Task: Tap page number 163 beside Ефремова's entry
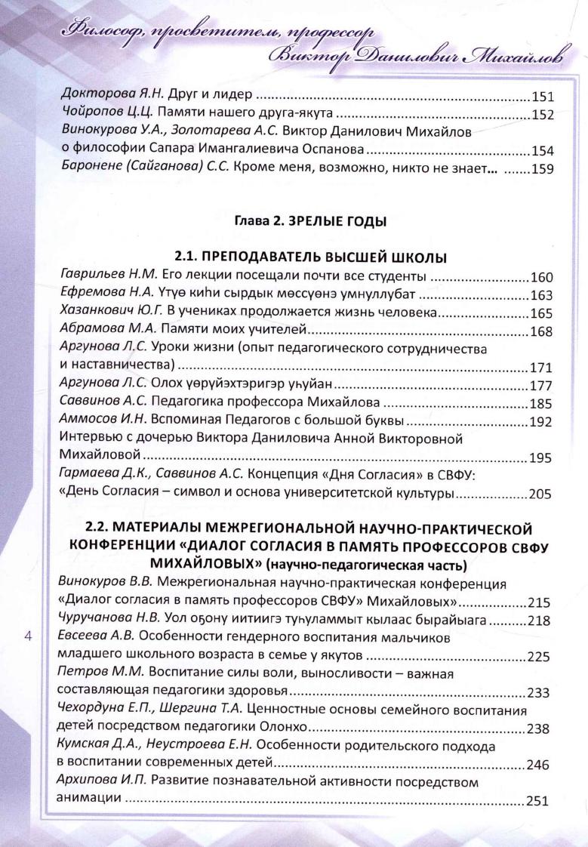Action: [543, 294]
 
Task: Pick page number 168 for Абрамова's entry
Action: [543, 331]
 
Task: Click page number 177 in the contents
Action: [543, 387]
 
